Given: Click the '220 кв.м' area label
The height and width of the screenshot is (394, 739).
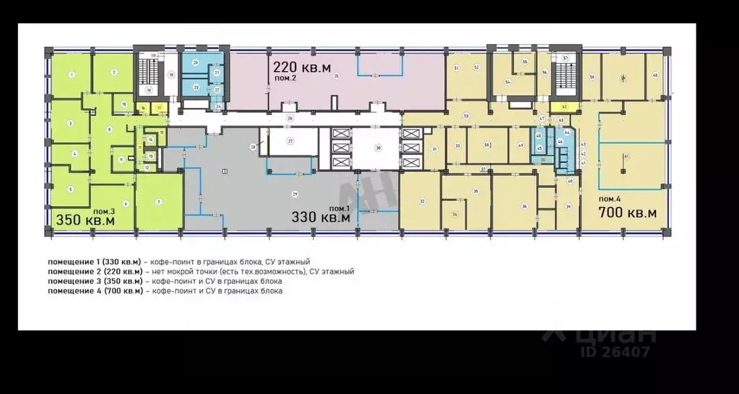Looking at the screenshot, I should [302, 67].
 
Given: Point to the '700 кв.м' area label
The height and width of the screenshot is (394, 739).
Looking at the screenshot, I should [627, 212].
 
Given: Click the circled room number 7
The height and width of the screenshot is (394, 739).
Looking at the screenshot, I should [158, 201].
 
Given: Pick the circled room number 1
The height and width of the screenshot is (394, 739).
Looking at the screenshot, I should [71, 74].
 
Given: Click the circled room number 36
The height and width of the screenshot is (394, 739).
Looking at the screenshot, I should [523, 206].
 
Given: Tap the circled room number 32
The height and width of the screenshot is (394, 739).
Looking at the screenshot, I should [422, 201].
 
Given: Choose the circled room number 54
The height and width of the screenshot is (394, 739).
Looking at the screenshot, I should [508, 82].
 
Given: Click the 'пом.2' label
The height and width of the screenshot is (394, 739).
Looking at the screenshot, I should [284, 81].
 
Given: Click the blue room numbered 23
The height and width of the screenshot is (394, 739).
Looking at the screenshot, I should [196, 86].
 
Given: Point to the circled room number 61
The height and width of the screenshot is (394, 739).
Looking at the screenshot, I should [627, 156].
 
